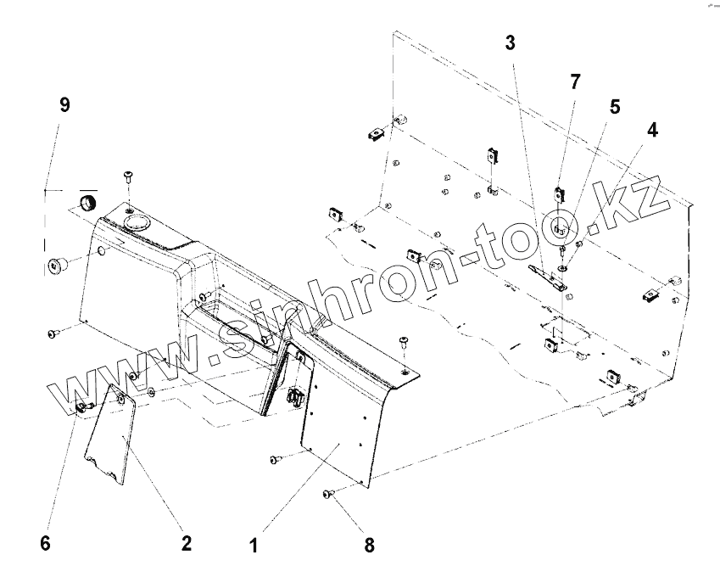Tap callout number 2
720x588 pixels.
[x=187, y=543]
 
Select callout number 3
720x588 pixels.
[x=511, y=43]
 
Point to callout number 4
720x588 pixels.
[x=651, y=131]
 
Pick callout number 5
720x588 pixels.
[x=614, y=107]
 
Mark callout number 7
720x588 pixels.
[x=576, y=82]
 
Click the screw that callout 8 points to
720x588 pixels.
[x=327, y=493]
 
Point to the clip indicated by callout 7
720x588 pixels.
[x=559, y=192]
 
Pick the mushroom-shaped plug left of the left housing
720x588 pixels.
[x=58, y=266]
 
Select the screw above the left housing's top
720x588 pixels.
[x=128, y=176]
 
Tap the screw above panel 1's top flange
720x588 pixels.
[x=404, y=341]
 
